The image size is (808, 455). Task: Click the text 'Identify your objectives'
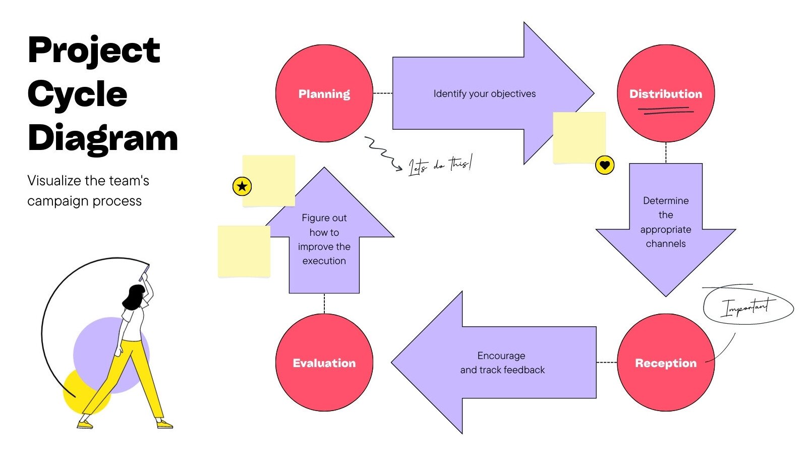click(484, 94)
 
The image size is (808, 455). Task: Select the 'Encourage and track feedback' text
click(502, 363)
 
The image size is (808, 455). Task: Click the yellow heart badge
click(605, 165)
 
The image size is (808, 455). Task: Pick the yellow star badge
click(242, 186)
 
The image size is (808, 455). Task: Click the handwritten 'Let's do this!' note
click(440, 165)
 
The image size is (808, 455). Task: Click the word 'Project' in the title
click(94, 50)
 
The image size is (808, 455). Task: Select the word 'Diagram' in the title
click(103, 138)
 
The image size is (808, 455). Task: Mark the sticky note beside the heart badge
click(579, 137)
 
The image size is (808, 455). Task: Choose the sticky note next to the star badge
click(269, 180)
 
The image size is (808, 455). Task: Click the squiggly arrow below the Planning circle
click(382, 151)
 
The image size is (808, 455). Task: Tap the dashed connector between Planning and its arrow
click(382, 93)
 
